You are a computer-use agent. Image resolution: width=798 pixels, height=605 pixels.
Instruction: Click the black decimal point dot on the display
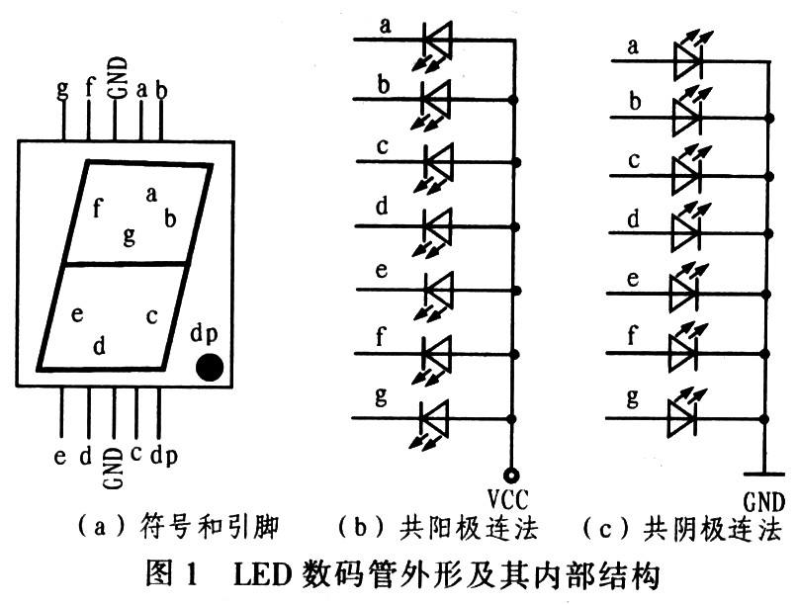point(209,367)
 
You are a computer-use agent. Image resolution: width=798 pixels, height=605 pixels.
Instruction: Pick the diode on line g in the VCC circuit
point(435,416)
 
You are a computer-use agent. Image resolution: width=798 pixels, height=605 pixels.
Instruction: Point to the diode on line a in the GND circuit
point(688,61)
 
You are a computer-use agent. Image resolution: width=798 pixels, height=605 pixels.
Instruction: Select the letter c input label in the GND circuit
point(634,159)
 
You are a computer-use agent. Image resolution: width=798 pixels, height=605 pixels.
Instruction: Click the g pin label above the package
point(63,90)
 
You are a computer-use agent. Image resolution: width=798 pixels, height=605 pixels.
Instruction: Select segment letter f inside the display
point(97,209)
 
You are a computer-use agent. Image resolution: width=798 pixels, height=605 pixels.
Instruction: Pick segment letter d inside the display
point(98,345)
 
